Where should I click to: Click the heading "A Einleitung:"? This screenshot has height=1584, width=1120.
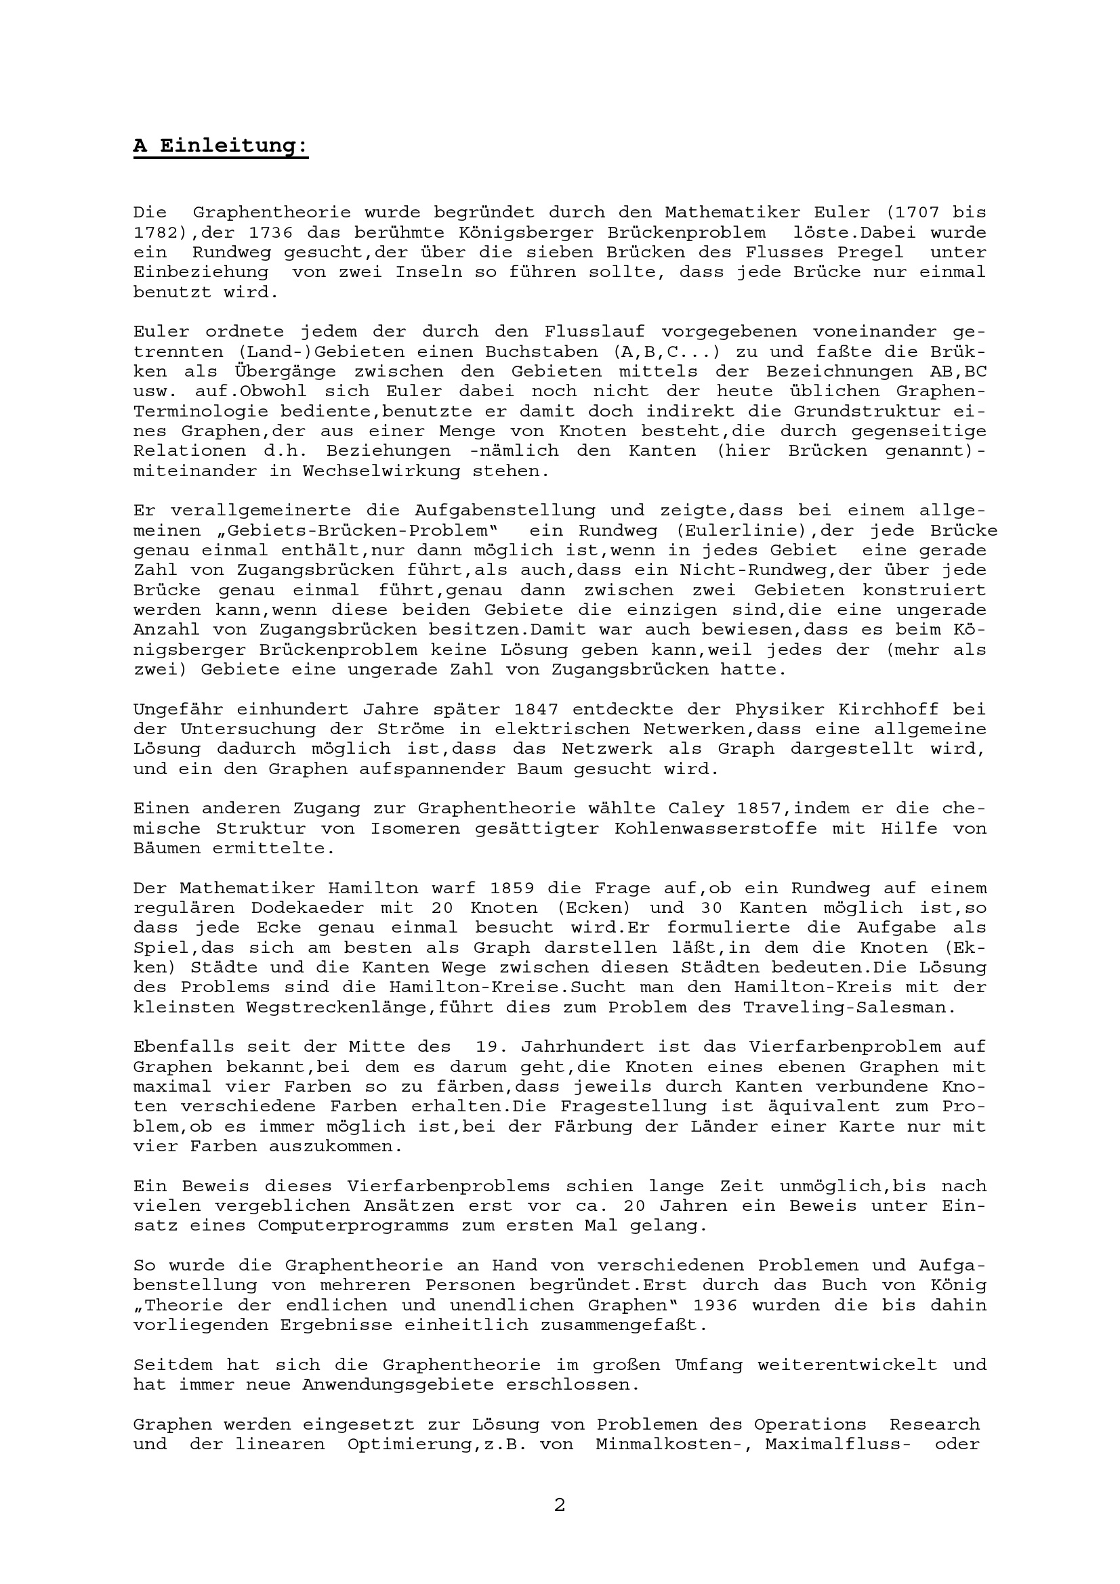(x=221, y=146)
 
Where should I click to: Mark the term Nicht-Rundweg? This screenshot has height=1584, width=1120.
(x=753, y=570)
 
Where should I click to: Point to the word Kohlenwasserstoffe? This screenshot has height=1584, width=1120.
(x=715, y=828)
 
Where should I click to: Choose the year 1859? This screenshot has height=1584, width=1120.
(x=512, y=888)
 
